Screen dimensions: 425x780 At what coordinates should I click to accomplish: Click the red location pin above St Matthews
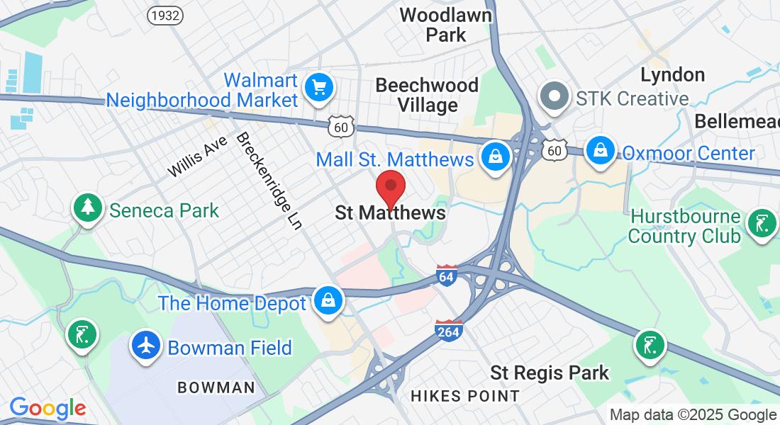pyautogui.click(x=390, y=188)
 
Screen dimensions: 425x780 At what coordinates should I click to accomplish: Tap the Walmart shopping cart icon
pyautogui.click(x=318, y=88)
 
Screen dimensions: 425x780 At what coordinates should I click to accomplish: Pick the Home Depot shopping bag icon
pyautogui.click(x=328, y=301)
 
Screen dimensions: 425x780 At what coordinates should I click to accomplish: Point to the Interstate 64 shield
pyautogui.click(x=447, y=274)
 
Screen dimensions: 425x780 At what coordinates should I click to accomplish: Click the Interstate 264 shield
pyautogui.click(x=450, y=329)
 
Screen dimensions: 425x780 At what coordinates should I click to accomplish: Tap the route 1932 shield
pyautogui.click(x=165, y=15)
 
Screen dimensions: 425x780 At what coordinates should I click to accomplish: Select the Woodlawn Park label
pyautogui.click(x=446, y=24)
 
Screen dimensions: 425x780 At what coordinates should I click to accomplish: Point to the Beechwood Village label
pyautogui.click(x=427, y=95)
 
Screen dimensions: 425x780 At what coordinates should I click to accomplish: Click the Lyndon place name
pyautogui.click(x=672, y=74)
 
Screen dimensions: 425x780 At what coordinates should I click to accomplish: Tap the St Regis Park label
pyautogui.click(x=550, y=372)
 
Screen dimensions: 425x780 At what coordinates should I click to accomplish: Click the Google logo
pyautogui.click(x=48, y=408)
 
